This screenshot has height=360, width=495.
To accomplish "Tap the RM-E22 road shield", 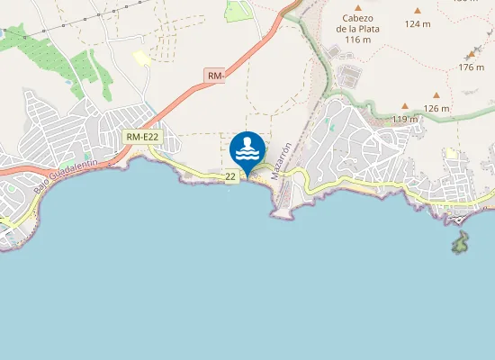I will pyautogui.click(x=142, y=137).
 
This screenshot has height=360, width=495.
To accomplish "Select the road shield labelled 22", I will pyautogui.click(x=231, y=176).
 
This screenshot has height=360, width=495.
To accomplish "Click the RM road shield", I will pyautogui.click(x=214, y=76).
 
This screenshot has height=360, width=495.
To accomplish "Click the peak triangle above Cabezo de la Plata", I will pyautogui.click(x=357, y=8).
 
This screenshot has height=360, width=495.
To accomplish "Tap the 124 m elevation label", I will pyautogui.click(x=418, y=23).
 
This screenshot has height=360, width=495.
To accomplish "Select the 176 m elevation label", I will pyautogui.click(x=471, y=67).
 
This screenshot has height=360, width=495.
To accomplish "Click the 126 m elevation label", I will pyautogui.click(x=436, y=108).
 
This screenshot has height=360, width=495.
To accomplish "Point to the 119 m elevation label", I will pyautogui.click(x=405, y=119).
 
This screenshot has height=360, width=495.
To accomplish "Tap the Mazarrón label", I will pyautogui.click(x=283, y=158).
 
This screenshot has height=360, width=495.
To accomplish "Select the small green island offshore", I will pyautogui.click(x=460, y=242).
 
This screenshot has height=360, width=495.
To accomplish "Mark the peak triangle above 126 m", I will pyautogui.click(x=436, y=94).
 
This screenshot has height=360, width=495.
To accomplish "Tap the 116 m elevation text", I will pyautogui.click(x=357, y=40).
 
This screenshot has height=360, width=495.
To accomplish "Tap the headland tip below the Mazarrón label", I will pyautogui.click(x=280, y=214).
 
